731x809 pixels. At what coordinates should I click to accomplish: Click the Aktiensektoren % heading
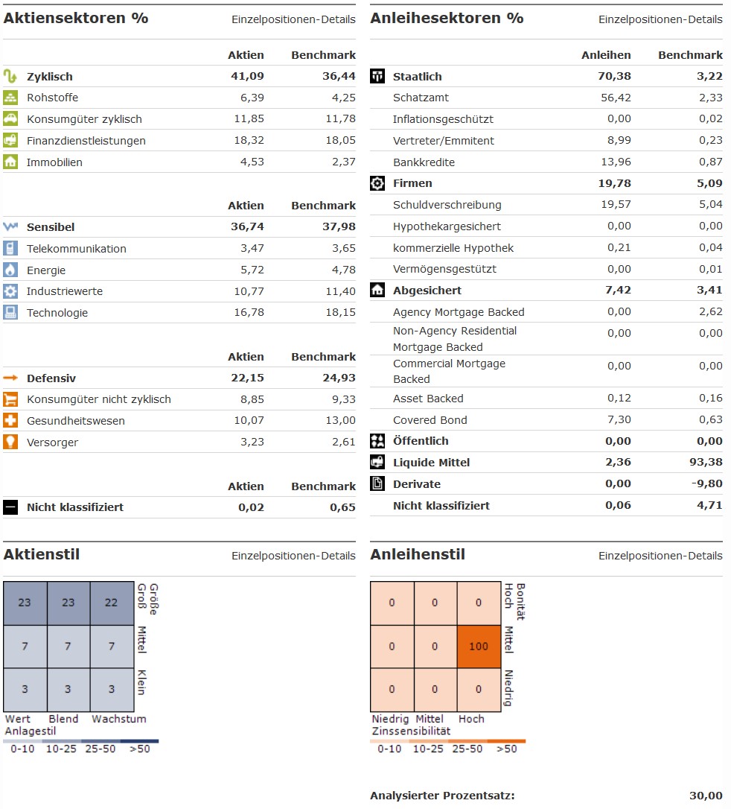point(76,18)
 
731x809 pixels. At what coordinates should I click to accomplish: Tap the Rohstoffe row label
point(52,98)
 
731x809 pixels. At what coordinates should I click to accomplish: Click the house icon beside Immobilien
point(10,162)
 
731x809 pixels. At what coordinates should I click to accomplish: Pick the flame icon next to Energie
point(10,270)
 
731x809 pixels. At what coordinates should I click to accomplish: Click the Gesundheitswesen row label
point(76,421)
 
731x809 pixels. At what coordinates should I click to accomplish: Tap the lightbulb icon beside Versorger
point(10,442)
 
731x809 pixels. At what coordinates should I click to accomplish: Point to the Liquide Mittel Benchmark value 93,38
point(705,463)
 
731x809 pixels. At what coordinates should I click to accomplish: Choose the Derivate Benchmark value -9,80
point(706,484)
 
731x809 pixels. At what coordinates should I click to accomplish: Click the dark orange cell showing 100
point(479,646)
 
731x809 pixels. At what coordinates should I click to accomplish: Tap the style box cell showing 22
point(112,603)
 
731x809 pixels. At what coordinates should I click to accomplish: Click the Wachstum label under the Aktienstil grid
point(119,719)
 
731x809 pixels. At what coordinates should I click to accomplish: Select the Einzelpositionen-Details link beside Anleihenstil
point(660,556)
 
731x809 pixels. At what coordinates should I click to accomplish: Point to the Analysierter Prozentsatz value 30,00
point(706,796)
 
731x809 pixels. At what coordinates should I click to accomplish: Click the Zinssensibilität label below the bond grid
point(411,732)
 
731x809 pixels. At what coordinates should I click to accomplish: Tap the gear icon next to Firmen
point(377,183)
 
